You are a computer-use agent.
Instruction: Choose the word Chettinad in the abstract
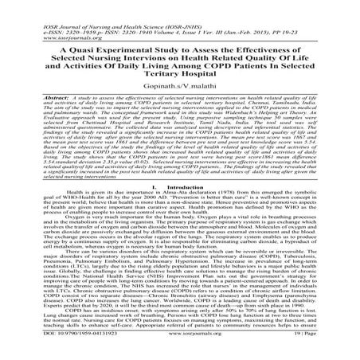pyautogui.click(x=80, y=124)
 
